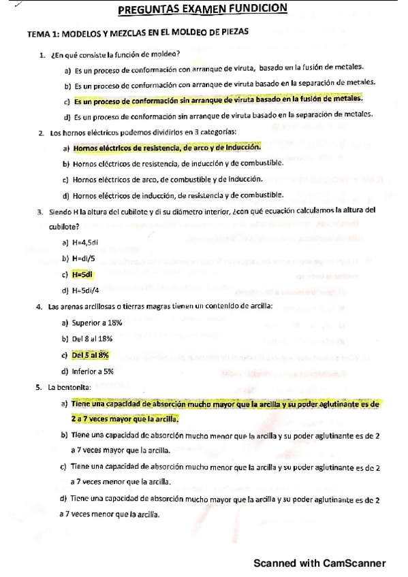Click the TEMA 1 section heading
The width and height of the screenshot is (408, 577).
(x=137, y=32)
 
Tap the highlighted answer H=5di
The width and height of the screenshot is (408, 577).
(x=82, y=274)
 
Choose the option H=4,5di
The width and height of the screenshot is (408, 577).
(x=84, y=242)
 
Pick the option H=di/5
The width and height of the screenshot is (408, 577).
(x=84, y=258)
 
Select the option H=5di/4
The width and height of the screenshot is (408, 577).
(x=85, y=291)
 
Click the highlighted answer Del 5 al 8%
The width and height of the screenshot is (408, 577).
(x=90, y=355)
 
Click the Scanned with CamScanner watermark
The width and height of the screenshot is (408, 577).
(x=319, y=563)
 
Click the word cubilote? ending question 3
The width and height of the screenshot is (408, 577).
(x=63, y=226)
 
